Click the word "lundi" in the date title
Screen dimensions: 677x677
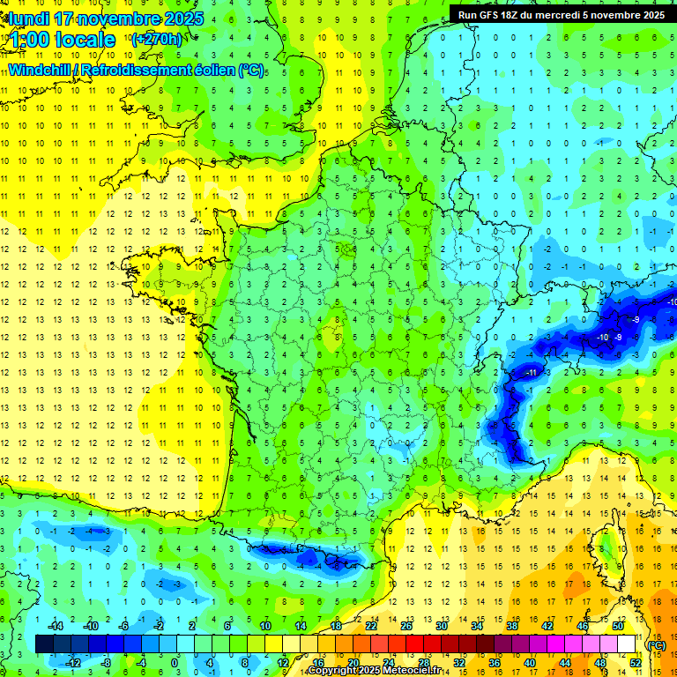click(27, 19)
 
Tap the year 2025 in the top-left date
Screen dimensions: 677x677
click(182, 19)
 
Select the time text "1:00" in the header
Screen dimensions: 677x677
click(35, 40)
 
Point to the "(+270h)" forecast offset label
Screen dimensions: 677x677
click(156, 40)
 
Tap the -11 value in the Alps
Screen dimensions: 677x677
click(531, 374)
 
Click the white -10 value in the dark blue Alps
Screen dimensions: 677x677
click(603, 338)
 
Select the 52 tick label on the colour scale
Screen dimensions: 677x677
click(636, 663)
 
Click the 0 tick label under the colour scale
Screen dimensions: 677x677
click(174, 663)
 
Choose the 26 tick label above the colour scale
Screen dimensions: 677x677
click(406, 625)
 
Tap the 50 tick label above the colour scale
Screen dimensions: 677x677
click(617, 625)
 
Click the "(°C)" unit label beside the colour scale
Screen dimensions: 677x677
click(656, 644)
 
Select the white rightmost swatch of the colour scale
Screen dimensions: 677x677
click(627, 644)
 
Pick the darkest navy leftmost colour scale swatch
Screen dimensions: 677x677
click(44, 644)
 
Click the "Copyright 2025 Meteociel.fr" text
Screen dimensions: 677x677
click(370, 671)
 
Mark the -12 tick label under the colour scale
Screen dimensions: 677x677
click(72, 663)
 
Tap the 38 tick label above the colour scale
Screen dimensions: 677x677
click(512, 625)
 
